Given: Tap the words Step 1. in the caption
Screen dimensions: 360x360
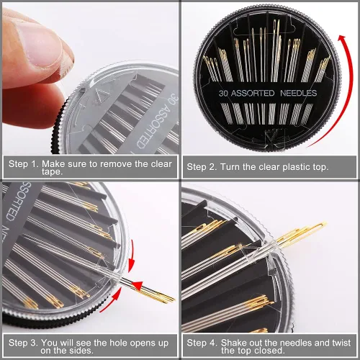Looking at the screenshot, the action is (x=24, y=164).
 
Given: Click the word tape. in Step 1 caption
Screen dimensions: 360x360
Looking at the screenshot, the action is (x=52, y=172).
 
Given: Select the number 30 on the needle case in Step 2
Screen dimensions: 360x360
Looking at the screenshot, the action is (x=223, y=93).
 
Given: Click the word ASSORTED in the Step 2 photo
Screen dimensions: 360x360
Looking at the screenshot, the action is (x=253, y=93).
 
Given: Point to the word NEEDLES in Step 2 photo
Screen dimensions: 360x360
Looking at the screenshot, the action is (x=299, y=93).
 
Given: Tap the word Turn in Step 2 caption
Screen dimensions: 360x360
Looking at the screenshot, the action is (x=230, y=167).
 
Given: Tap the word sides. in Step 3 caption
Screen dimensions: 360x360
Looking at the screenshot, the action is (x=81, y=351).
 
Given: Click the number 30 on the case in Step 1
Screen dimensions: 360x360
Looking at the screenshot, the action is (x=174, y=99).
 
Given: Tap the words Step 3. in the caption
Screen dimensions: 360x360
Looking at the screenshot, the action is (x=23, y=343).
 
